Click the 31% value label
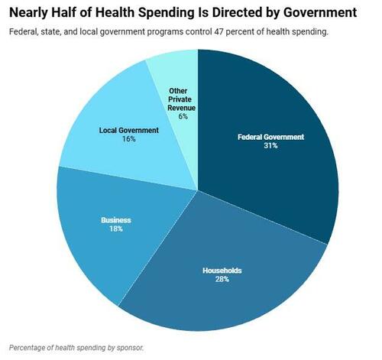(x=271, y=145)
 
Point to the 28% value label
(x=222, y=279)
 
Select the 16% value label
(x=128, y=139)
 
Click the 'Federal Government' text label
(x=271, y=137)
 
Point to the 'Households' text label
(x=222, y=270)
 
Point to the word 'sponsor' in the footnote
(x=128, y=347)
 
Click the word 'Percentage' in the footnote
(x=30, y=347)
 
